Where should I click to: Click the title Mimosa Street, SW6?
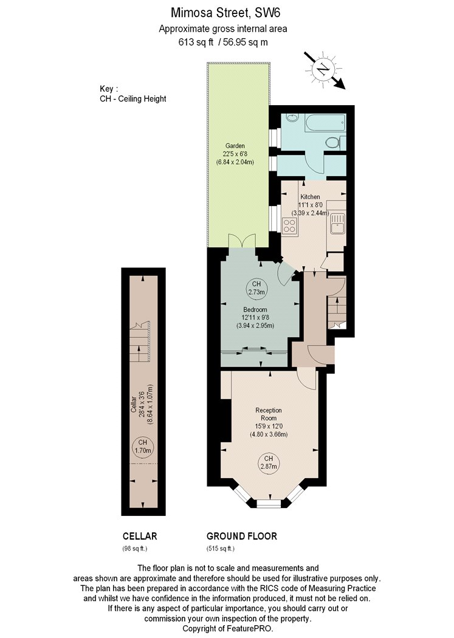pyautogui.click(x=225, y=13)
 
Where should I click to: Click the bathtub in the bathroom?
pyautogui.click(x=325, y=123)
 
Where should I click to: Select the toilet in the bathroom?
pyautogui.click(x=335, y=143)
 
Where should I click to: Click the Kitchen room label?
pyautogui.click(x=310, y=196)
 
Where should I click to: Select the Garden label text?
pyautogui.click(x=235, y=146)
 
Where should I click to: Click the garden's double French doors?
pyautogui.click(x=242, y=241)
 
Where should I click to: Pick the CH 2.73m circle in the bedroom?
pyautogui.click(x=256, y=287)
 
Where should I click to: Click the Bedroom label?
pyautogui.click(x=255, y=309)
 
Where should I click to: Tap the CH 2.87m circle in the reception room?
pyautogui.click(x=269, y=462)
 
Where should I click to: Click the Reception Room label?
pyautogui.click(x=269, y=414)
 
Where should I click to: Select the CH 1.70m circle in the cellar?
pyautogui.click(x=143, y=447)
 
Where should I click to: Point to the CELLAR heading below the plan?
pyautogui.click(x=140, y=537)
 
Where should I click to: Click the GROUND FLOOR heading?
pyautogui.click(x=242, y=537)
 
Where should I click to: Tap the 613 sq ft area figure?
pyautogui.click(x=196, y=42)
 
